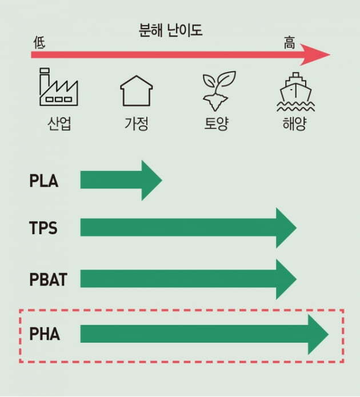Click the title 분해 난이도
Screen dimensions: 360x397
pos(170,30)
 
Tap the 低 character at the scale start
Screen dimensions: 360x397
pos(39,42)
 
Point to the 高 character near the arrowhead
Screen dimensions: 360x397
pos(289,42)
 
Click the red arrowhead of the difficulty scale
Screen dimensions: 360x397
pos(315,54)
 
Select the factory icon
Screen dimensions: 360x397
pos(59,87)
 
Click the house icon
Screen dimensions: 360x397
pos(137,91)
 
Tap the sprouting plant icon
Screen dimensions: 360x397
pos(219,91)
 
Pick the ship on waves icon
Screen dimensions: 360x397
pos(295,92)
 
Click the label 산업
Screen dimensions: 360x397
pos(59,123)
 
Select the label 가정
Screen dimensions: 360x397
pos(137,123)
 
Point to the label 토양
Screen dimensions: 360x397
pos(217,123)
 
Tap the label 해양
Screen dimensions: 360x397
pos(294,123)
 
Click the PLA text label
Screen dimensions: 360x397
pos(44,181)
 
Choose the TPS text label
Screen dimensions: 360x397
pos(43,228)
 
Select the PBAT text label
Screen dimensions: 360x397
pos(48,279)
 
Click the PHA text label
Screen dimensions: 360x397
pos(45,334)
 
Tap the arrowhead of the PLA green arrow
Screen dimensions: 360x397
pos(151,181)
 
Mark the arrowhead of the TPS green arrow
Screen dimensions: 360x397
pos(286,228)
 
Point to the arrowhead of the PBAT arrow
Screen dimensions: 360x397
pos(286,279)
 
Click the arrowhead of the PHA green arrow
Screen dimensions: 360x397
pos(318,335)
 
